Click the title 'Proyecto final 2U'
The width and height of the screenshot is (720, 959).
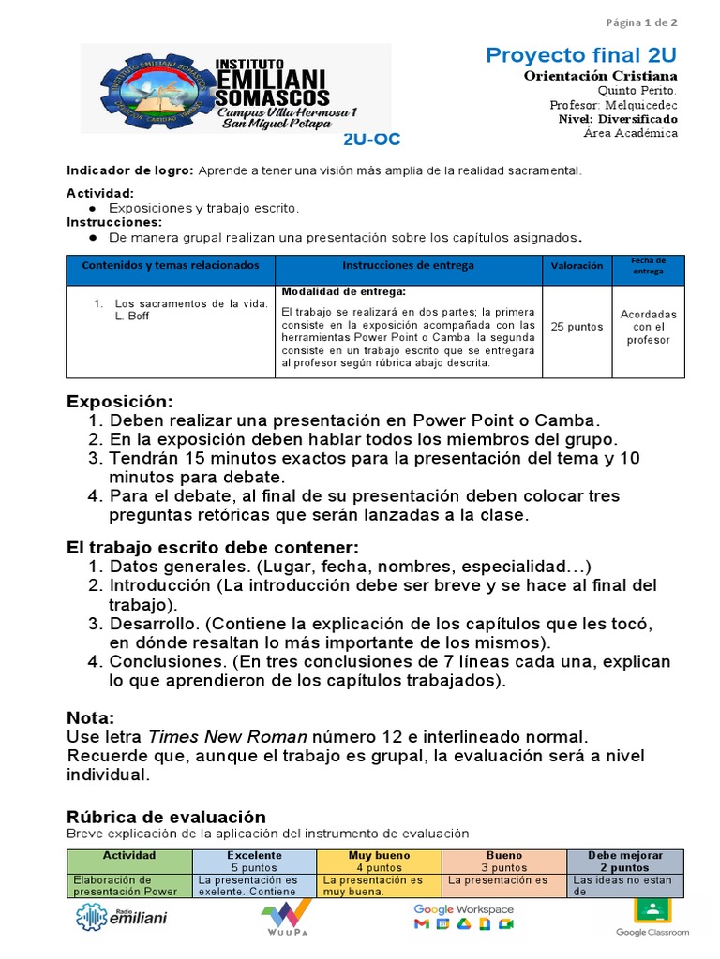pyautogui.click(x=581, y=56)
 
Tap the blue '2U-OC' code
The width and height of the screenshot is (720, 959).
pyautogui.click(x=371, y=140)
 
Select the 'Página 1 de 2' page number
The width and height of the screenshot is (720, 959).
pyautogui.click(x=641, y=22)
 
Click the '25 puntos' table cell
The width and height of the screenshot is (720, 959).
pyautogui.click(x=577, y=327)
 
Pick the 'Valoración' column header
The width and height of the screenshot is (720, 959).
pyautogui.click(x=577, y=266)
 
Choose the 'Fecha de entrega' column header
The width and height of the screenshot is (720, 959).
pyautogui.click(x=648, y=266)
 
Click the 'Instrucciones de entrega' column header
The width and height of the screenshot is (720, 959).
pyautogui.click(x=408, y=266)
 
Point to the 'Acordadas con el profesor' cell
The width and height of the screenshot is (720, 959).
pyautogui.click(x=648, y=327)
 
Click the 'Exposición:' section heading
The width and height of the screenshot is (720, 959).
pyautogui.click(x=119, y=402)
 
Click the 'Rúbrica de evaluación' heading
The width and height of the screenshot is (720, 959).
pyautogui.click(x=166, y=817)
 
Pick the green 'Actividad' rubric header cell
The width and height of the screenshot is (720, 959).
pyautogui.click(x=129, y=856)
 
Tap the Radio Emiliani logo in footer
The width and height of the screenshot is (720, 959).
pyautogui.click(x=121, y=918)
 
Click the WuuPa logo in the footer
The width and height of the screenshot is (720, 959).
pyautogui.click(x=286, y=919)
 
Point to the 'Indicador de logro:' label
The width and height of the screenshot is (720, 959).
pyautogui.click(x=129, y=170)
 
